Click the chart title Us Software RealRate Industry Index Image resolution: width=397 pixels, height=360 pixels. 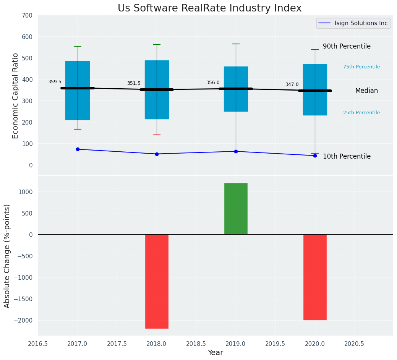[x=209, y=8]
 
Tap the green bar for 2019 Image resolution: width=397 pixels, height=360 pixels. [x=236, y=209]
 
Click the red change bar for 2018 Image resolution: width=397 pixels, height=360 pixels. [x=157, y=281]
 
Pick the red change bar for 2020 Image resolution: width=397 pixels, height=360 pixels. [x=315, y=277]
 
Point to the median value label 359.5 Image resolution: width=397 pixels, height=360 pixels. [x=55, y=82]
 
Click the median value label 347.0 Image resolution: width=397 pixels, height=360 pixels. [x=292, y=84]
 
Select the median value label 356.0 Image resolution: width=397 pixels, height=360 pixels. [x=213, y=83]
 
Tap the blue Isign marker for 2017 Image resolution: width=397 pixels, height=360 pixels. [x=78, y=149]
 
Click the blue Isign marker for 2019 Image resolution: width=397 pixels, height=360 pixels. [x=236, y=151]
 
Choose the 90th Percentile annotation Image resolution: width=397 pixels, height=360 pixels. [x=347, y=46]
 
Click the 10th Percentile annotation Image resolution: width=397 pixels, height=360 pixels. [x=347, y=156]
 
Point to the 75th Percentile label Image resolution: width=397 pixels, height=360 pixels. [x=361, y=67]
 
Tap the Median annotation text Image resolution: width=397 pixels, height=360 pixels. [x=366, y=91]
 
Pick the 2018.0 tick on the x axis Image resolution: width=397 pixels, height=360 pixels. [x=157, y=344]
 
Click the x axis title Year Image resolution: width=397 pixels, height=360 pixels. [x=216, y=353]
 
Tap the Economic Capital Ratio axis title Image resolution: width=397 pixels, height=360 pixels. [x=16, y=96]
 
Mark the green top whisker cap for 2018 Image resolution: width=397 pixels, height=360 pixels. [x=157, y=44]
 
